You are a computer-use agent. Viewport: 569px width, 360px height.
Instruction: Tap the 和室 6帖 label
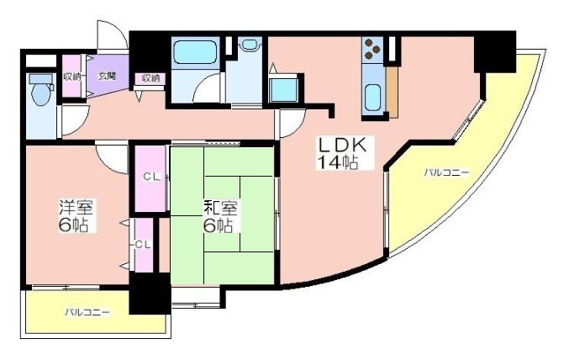(220, 217)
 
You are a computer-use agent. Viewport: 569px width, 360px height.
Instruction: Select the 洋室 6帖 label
(76, 216)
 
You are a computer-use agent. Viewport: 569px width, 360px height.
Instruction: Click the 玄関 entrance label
(108, 76)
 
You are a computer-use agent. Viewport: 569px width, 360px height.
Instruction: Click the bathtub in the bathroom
(195, 52)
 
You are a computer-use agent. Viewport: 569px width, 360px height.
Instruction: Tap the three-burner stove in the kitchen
(372, 49)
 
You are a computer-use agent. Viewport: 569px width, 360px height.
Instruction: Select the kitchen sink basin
(372, 98)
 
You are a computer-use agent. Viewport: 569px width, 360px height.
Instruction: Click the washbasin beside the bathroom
(250, 45)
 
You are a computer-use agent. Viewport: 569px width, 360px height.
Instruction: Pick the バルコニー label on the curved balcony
(446, 172)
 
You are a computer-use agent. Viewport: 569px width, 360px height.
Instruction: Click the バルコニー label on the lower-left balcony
(87, 312)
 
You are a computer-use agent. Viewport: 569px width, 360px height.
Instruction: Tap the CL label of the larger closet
(151, 177)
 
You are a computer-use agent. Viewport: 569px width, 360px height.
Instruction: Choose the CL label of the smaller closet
(143, 245)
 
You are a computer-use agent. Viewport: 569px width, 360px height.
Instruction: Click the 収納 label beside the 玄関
(71, 77)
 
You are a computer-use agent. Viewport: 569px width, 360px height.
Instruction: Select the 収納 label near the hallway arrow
(150, 77)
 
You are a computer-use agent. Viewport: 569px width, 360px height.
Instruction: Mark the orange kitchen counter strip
(392, 93)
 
